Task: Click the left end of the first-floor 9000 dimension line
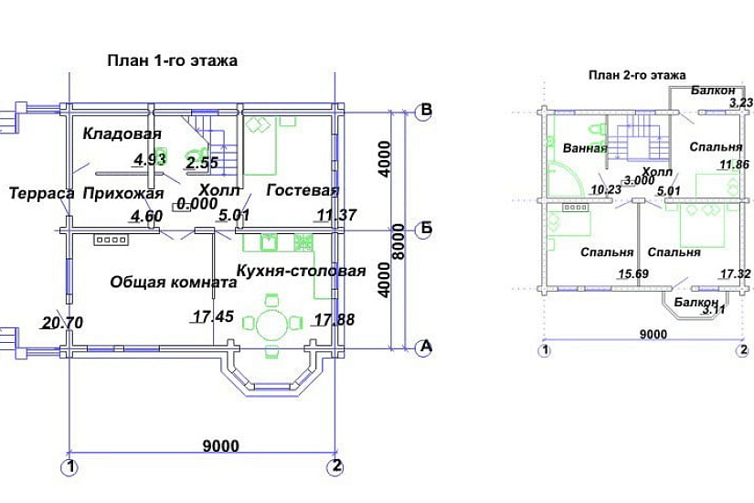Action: click(x=70, y=453)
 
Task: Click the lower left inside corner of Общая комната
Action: click(x=74, y=345)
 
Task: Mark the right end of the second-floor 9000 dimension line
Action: click(x=743, y=341)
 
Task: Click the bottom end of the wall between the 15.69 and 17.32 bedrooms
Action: click(x=639, y=287)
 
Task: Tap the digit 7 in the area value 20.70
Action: click(x=66, y=323)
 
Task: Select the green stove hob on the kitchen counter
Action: click(x=303, y=242)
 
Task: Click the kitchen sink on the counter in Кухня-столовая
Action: click(x=270, y=242)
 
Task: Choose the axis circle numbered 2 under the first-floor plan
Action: click(x=335, y=466)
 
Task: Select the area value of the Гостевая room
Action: click(x=336, y=215)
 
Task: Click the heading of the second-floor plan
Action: click(x=637, y=75)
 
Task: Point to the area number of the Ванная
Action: click(x=606, y=189)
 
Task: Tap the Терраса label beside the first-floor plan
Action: click(x=42, y=194)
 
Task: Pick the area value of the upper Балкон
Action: click(x=741, y=102)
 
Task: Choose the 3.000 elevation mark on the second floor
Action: click(x=640, y=180)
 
